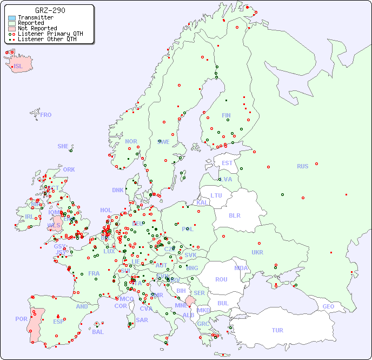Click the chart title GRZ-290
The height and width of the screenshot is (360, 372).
(50, 10)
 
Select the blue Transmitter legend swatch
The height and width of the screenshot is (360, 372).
(12, 17)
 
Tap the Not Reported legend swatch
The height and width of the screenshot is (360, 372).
(12, 28)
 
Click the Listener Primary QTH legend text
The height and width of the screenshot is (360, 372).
(50, 34)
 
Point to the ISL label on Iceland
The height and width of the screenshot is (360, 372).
(18, 67)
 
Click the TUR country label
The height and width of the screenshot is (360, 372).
(277, 330)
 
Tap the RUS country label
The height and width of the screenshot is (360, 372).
(302, 166)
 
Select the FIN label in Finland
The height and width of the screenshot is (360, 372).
(226, 115)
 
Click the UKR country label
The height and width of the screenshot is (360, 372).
(257, 252)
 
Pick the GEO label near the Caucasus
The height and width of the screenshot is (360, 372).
(328, 306)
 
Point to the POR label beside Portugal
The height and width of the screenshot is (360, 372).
(21, 319)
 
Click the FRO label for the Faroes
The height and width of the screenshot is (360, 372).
(46, 115)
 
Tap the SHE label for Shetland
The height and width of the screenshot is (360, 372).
(63, 146)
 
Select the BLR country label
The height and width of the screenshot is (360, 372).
(234, 215)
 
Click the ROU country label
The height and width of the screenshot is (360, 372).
(221, 279)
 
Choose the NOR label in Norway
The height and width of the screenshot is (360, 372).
(131, 141)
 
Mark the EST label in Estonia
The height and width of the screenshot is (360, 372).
(227, 163)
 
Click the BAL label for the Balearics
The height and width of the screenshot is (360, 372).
(97, 332)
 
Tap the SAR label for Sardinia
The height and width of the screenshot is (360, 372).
(142, 319)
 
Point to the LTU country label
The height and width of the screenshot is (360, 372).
(216, 195)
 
